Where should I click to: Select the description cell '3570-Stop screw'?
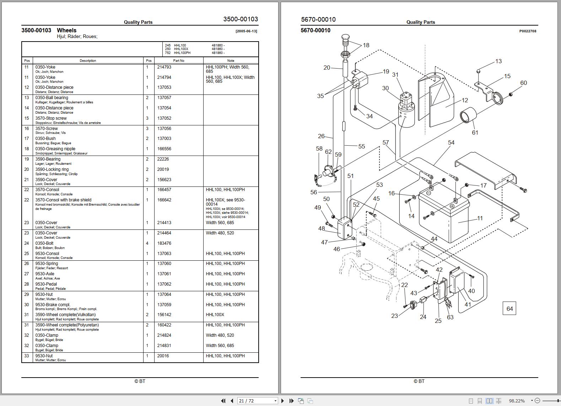click(x=51, y=118)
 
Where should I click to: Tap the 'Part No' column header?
click(x=179, y=61)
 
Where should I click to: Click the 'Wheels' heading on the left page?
click(x=66, y=31)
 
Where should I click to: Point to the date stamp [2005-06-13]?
click(x=246, y=31)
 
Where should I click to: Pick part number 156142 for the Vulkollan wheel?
click(x=164, y=315)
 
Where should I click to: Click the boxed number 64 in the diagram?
click(x=509, y=309)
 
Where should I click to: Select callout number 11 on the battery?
click(x=480, y=218)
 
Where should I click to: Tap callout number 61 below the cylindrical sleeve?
click(x=475, y=132)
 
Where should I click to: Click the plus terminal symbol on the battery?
click(x=452, y=206)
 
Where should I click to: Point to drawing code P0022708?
click(x=528, y=31)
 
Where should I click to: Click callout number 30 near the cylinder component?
click(x=385, y=88)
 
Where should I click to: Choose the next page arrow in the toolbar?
click(x=282, y=401)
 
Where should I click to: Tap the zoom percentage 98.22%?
click(x=517, y=401)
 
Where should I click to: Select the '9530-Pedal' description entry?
click(x=46, y=284)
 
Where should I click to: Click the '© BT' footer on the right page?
click(x=419, y=381)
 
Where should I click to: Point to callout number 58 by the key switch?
click(x=319, y=149)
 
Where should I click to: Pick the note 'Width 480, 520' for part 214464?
click(x=220, y=233)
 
